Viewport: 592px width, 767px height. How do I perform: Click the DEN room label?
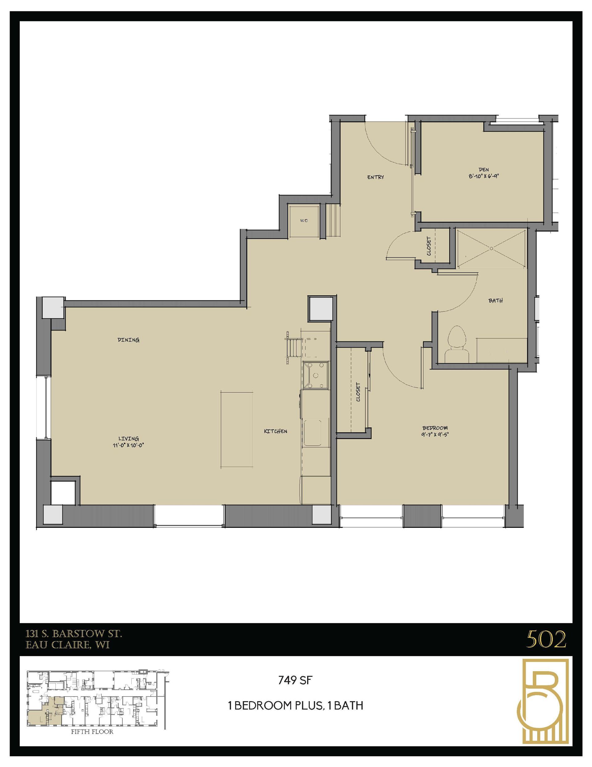pos(483,170)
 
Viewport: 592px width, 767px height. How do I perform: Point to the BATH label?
pos(495,300)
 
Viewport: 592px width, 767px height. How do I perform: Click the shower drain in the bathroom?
pos(491,248)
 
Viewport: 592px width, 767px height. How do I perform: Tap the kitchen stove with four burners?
pos(316,375)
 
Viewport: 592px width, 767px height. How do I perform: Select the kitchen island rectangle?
pos(237,430)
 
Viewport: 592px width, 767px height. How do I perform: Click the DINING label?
pos(129,340)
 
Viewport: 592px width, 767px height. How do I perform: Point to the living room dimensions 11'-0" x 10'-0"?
pos(129,445)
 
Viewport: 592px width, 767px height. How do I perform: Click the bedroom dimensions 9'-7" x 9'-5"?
pos(435,434)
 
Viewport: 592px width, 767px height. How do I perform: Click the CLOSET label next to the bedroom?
pos(358,392)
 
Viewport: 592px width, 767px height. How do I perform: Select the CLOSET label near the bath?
pos(429,246)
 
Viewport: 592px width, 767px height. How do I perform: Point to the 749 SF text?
pos(295,681)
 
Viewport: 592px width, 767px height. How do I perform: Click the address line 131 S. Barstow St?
pos(74,634)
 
